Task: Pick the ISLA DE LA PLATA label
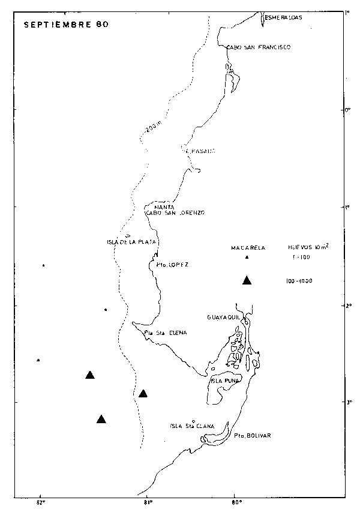(131, 242)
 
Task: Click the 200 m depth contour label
(153, 127)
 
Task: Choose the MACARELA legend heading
(248, 247)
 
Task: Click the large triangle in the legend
(247, 280)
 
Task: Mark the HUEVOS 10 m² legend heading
(308, 247)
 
